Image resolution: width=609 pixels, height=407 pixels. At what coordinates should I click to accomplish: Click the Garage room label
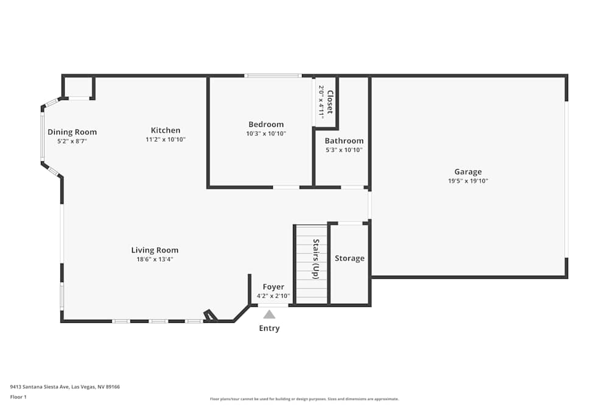[468, 172]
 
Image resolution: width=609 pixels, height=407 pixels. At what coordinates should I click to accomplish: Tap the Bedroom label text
[266, 124]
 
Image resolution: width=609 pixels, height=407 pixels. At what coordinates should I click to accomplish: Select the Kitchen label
[166, 130]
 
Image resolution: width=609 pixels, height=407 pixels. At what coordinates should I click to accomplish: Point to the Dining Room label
[72, 132]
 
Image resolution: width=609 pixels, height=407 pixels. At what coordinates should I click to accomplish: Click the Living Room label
[155, 250]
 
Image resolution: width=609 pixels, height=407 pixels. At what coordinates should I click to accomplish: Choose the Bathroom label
[343, 141]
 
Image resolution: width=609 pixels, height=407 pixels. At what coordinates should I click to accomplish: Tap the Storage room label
[350, 258]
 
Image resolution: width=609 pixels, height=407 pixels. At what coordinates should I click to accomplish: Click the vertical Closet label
[330, 102]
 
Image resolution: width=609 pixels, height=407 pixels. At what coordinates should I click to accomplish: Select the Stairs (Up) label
[315, 259]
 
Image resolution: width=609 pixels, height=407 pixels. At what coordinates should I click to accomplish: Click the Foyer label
[273, 287]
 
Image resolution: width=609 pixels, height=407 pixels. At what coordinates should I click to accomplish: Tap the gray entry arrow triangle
[269, 314]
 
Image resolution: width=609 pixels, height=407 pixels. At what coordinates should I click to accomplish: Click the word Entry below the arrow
[269, 328]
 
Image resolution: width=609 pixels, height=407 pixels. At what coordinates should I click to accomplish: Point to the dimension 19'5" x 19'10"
[468, 181]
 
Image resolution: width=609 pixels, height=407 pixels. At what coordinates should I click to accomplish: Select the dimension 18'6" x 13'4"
[155, 259]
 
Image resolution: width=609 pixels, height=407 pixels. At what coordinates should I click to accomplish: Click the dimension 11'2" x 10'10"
[166, 140]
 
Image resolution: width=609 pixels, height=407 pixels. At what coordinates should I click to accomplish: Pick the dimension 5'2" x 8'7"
[72, 142]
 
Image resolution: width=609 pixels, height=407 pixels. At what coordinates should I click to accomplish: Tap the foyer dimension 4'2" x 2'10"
[273, 296]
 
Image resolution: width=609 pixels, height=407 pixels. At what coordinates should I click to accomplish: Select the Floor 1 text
[18, 397]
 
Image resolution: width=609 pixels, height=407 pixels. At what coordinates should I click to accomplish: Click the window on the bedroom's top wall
[273, 76]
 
